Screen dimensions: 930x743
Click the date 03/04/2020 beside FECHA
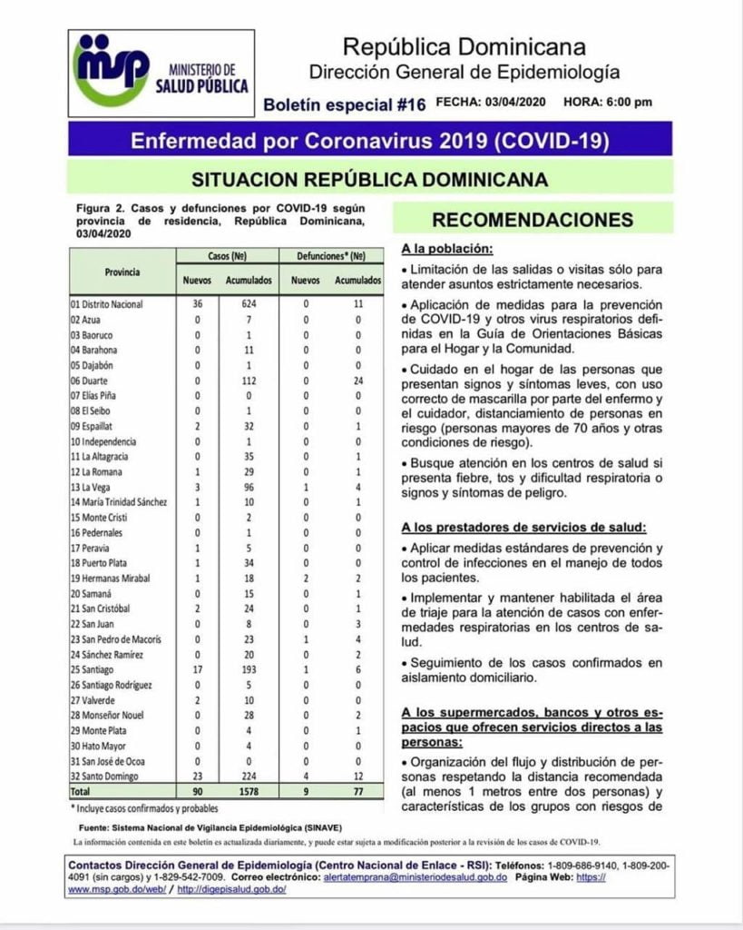coord(514,103)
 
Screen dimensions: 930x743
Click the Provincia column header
coord(122,271)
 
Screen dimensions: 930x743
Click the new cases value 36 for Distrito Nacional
coord(197,304)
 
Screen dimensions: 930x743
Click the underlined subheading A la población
coord(446,250)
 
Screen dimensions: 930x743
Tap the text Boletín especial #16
coord(344,104)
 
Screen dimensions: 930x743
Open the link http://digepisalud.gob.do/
coord(232,890)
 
